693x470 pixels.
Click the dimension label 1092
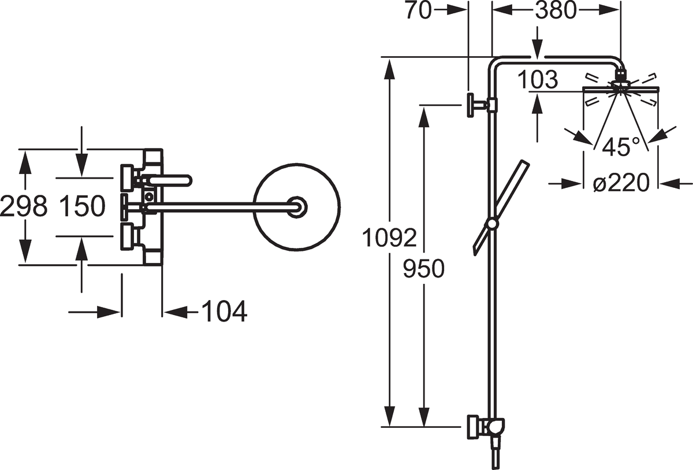(x=389, y=238)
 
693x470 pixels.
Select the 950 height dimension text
(x=423, y=268)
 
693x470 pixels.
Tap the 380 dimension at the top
(x=556, y=10)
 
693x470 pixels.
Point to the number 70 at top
(x=419, y=10)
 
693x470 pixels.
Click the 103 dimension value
(x=538, y=80)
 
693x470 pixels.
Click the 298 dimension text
(x=24, y=206)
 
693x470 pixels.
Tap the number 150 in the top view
(x=82, y=206)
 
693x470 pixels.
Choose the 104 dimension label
(x=224, y=312)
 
